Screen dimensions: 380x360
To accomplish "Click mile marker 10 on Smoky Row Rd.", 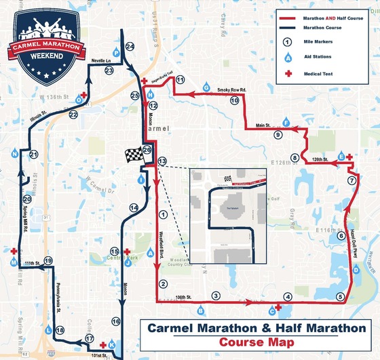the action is click(x=234, y=100).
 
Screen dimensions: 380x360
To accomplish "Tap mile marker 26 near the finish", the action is click(x=147, y=150).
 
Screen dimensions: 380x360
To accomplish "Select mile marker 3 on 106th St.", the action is click(x=215, y=296).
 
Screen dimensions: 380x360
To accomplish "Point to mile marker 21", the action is click(x=33, y=155).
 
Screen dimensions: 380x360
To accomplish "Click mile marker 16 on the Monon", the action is click(x=115, y=321).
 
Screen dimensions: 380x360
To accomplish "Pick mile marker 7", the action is click(x=351, y=181).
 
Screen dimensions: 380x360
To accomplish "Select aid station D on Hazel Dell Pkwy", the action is click(x=356, y=269).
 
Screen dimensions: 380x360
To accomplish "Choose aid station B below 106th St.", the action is click(x=200, y=311).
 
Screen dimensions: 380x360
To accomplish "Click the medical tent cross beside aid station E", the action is click(x=349, y=157).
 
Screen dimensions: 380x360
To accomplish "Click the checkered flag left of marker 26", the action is click(x=132, y=155).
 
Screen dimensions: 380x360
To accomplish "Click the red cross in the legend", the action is click(x=289, y=71).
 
